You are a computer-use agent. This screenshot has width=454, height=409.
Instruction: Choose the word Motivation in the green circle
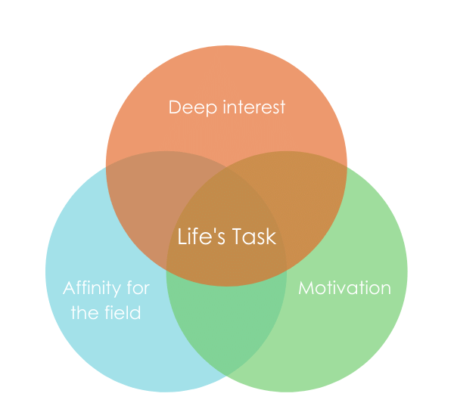pos(344,288)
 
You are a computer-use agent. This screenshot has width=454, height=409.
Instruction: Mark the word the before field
pos(85,311)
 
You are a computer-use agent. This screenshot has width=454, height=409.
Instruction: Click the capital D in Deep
pos(174,107)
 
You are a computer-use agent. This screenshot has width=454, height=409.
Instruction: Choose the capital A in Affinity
pos(69,288)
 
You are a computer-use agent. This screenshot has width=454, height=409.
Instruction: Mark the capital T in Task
pos(233,237)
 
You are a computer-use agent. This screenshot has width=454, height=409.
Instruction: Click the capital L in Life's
pos(182,237)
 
